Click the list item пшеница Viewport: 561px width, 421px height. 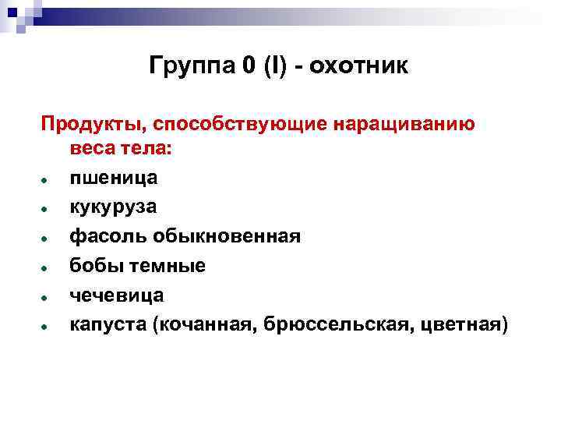(113, 178)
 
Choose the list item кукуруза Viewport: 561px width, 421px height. (113, 207)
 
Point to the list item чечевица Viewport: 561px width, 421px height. (116, 295)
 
